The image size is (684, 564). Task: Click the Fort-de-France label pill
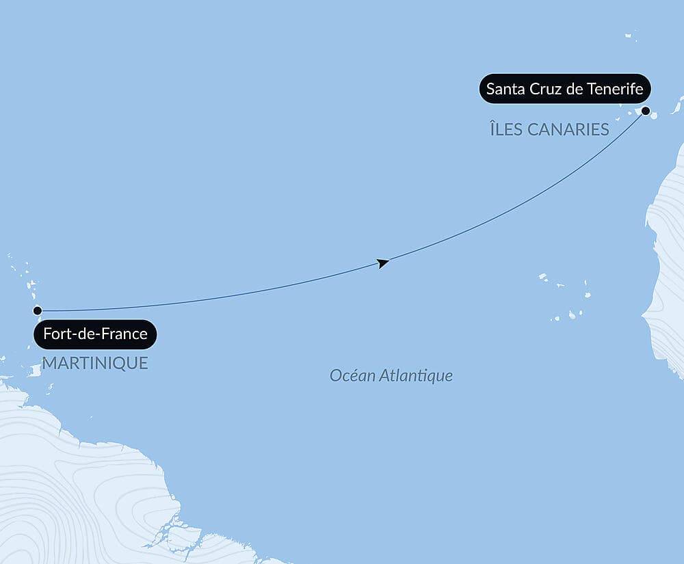pyautogui.click(x=95, y=334)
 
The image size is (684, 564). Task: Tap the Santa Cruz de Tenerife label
pyautogui.click(x=564, y=89)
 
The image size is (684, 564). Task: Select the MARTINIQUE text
pyautogui.click(x=95, y=363)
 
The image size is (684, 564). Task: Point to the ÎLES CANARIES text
pyautogui.click(x=549, y=129)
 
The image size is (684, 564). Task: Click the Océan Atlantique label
pyautogui.click(x=391, y=375)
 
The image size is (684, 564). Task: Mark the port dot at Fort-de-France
pyautogui.click(x=38, y=310)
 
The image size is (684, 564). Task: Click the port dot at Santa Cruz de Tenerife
pyautogui.click(x=645, y=110)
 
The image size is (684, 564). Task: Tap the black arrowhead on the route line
pyautogui.click(x=383, y=263)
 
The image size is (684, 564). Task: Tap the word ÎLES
pyautogui.click(x=505, y=129)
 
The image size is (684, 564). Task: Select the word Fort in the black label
pyautogui.click(x=55, y=334)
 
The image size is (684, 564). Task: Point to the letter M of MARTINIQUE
pyautogui.click(x=49, y=363)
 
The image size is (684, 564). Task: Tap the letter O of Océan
pyautogui.click(x=335, y=375)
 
